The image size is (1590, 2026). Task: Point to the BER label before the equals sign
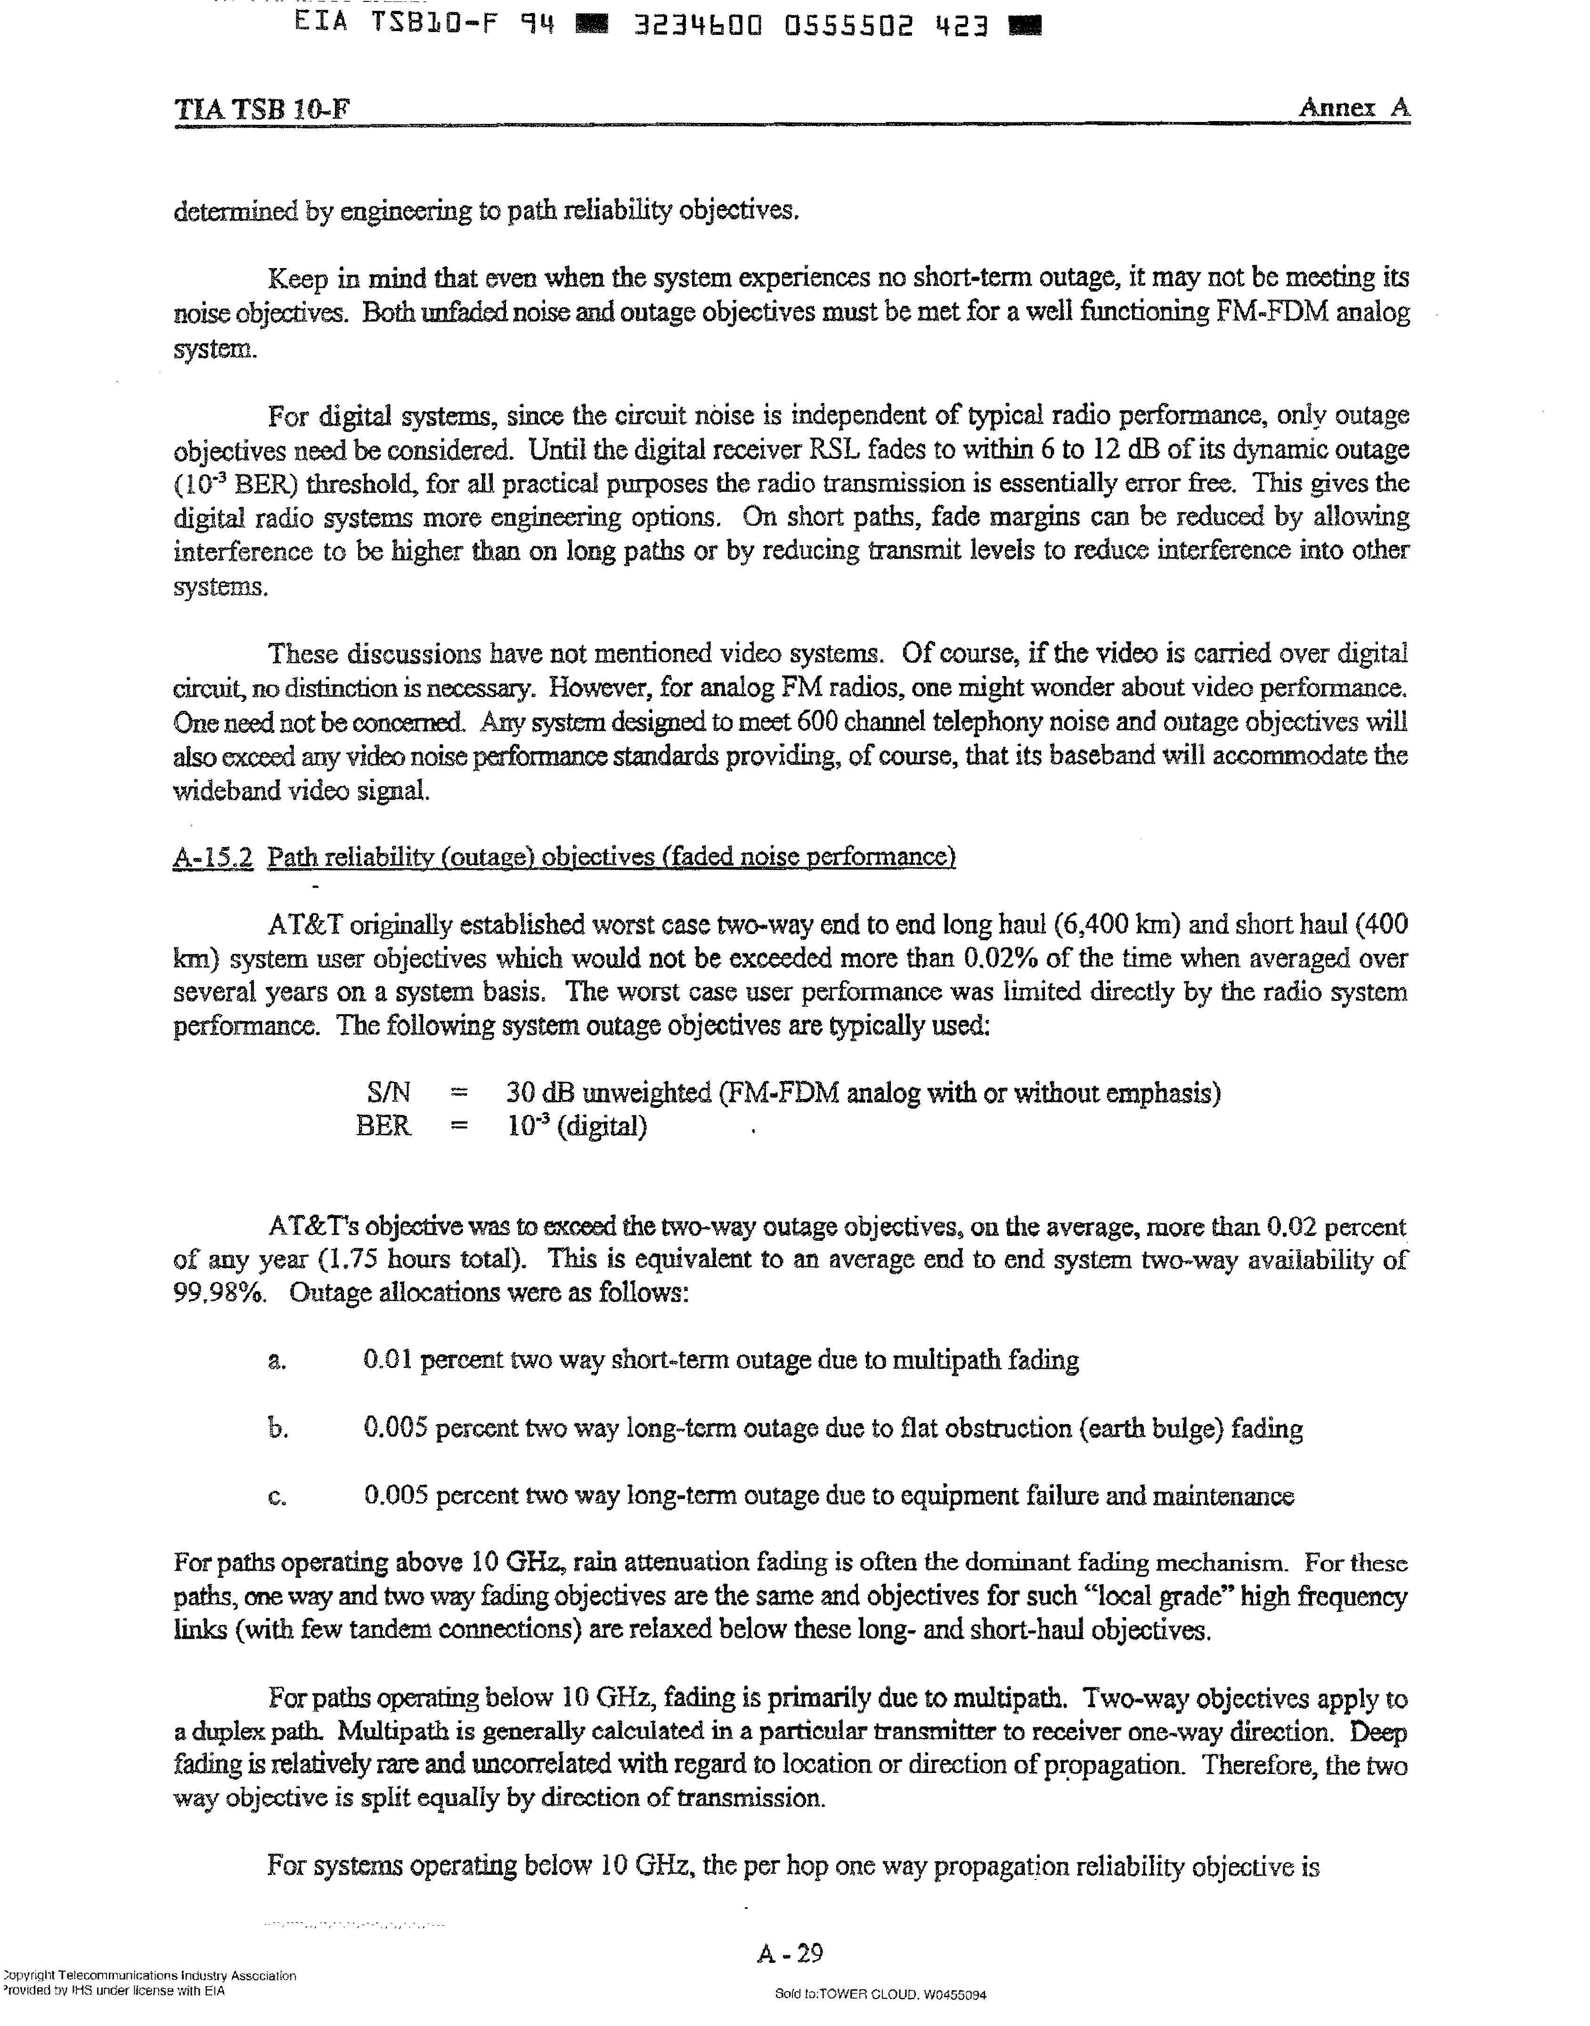[383, 1126]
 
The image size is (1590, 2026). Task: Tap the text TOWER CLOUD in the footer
[865, 1994]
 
